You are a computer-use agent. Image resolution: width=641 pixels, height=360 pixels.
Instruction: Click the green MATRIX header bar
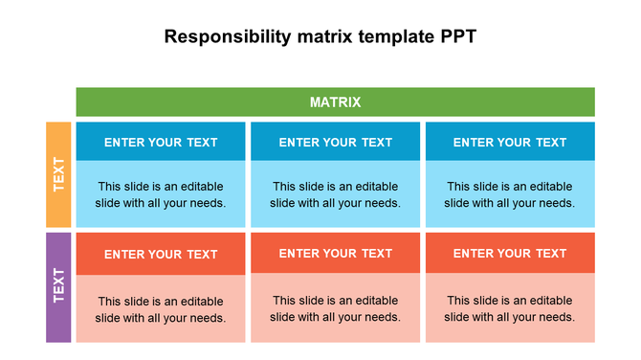click(191, 101)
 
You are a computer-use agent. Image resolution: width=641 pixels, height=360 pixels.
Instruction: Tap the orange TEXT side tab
click(58, 174)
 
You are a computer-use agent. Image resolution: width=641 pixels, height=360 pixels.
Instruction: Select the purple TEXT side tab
click(58, 286)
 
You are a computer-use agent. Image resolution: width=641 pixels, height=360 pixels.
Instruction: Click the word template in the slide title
click(390, 37)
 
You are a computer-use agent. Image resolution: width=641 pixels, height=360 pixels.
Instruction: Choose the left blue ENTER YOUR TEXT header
click(161, 142)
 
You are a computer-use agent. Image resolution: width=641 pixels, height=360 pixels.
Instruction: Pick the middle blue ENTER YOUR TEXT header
click(335, 142)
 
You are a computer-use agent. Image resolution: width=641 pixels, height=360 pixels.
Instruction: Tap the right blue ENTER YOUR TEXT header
click(510, 142)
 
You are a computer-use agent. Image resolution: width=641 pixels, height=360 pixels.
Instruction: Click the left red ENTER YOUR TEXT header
click(161, 254)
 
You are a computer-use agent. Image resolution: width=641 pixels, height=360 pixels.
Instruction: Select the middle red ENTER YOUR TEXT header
click(335, 253)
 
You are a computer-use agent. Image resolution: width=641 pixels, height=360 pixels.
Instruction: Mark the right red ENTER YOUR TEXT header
click(510, 253)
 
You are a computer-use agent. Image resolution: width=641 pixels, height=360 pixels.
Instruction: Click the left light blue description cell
click(161, 194)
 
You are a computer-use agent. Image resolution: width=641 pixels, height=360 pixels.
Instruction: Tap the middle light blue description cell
click(335, 194)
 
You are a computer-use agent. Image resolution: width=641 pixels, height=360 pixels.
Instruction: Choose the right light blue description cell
click(510, 194)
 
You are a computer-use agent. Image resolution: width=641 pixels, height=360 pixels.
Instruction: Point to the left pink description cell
click(161, 308)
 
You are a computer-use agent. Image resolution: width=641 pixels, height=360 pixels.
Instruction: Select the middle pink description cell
click(335, 308)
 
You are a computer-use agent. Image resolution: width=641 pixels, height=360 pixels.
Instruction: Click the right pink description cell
click(510, 308)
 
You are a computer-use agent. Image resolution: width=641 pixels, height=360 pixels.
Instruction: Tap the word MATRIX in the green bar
click(335, 101)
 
